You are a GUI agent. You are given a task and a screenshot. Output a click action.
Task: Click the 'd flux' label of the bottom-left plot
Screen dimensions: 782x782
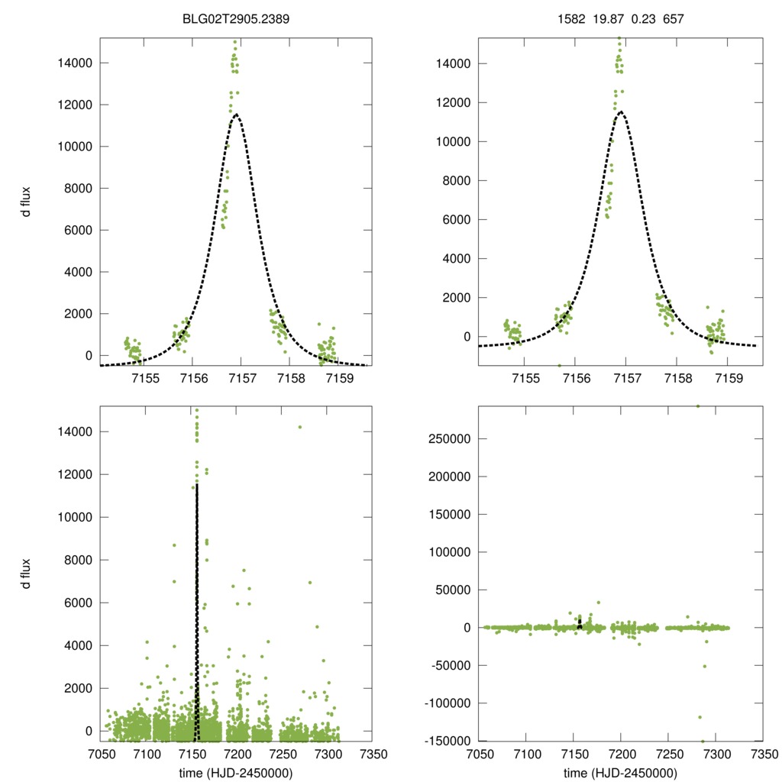[27, 573]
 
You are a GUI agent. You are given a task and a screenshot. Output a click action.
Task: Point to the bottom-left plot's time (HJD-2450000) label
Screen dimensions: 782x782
[237, 772]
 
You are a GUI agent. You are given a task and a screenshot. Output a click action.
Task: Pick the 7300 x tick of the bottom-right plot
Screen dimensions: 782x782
[716, 753]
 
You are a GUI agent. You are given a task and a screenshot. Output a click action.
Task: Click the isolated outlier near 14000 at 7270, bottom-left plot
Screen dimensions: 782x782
[300, 427]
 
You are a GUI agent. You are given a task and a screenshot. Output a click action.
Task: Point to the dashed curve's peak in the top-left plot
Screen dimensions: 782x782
[238, 115]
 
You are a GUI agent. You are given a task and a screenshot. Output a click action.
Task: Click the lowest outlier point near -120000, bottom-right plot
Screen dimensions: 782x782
[700, 717]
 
